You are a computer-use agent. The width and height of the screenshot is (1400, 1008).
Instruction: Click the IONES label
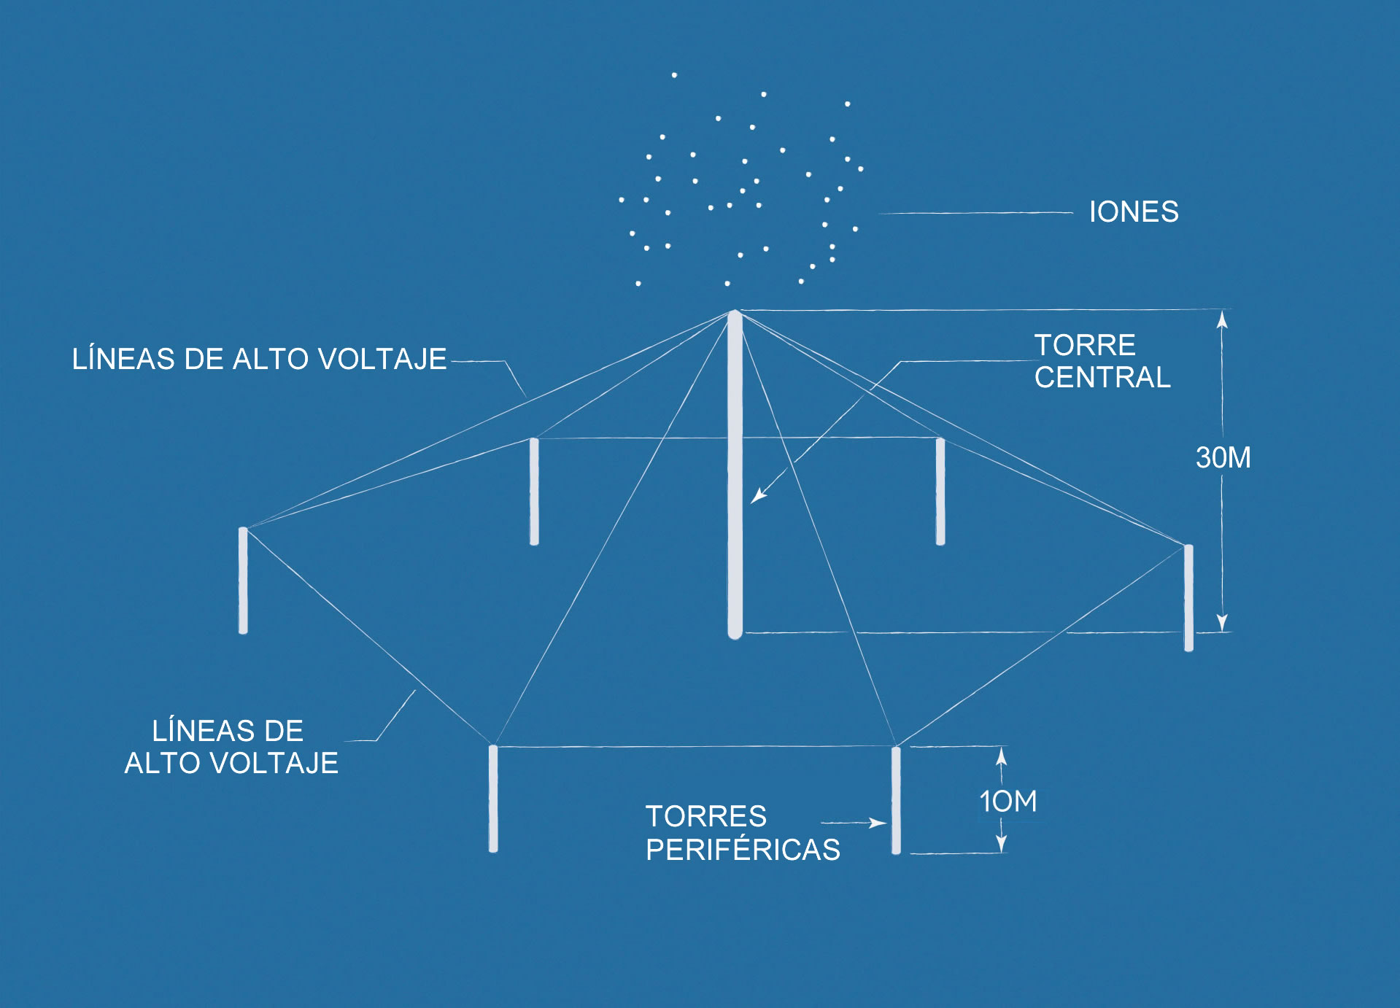[x=1133, y=212]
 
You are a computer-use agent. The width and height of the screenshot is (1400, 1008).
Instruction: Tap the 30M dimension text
[x=1223, y=458]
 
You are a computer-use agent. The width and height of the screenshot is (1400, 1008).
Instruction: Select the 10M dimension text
[x=1008, y=802]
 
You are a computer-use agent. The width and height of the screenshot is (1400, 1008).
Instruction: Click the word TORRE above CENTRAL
[x=1085, y=345]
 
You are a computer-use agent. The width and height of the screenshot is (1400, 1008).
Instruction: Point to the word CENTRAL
[x=1102, y=378]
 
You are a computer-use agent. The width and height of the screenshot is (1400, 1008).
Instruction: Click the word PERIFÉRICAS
[x=743, y=850]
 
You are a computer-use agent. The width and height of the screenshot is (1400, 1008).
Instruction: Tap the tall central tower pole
[x=735, y=474]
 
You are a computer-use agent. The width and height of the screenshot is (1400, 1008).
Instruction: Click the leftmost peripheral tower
[x=243, y=581]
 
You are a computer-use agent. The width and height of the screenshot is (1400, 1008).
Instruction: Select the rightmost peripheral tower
[x=1188, y=597]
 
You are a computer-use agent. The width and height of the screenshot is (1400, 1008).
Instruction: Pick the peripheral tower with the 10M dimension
[x=896, y=800]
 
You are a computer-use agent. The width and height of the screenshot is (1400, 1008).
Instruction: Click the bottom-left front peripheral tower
[x=493, y=799]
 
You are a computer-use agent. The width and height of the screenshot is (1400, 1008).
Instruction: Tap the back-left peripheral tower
[x=534, y=491]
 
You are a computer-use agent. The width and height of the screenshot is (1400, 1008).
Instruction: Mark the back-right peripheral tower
[x=940, y=491]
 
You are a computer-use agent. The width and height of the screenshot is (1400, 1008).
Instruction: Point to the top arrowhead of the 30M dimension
[x=1223, y=319]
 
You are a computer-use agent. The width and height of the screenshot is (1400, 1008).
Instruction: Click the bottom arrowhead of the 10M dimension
[x=1002, y=845]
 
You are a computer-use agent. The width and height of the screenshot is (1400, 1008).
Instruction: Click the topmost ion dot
[x=674, y=75]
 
